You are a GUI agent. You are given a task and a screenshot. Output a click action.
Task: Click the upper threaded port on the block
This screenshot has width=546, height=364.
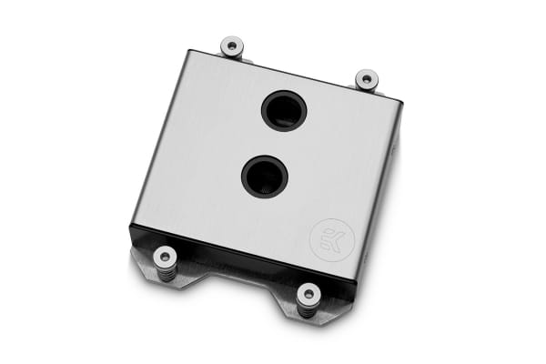tap(283, 111)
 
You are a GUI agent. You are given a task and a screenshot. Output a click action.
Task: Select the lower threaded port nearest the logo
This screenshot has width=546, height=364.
tap(263, 172)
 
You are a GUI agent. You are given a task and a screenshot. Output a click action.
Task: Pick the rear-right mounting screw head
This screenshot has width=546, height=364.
tap(366, 79)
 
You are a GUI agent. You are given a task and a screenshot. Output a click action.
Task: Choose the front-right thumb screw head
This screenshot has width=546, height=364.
tap(309, 293)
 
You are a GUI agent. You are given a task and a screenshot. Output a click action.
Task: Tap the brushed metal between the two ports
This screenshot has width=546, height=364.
tap(273, 142)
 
